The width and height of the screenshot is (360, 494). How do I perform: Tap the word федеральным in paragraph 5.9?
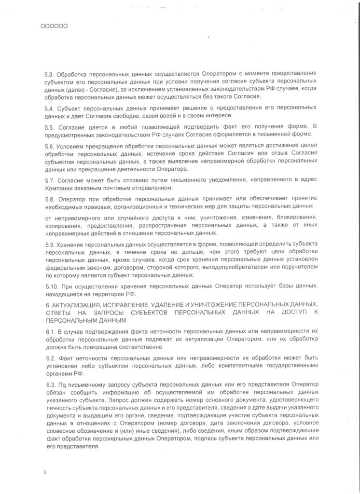click(65, 268)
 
